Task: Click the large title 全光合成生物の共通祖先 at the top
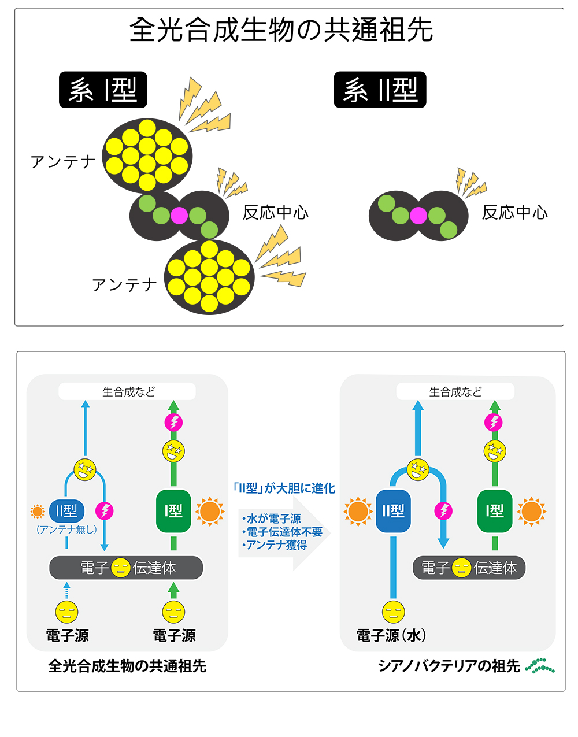click(x=281, y=30)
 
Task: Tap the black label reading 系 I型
click(x=103, y=90)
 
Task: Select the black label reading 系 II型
click(x=380, y=90)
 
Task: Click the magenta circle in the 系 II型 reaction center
click(x=418, y=216)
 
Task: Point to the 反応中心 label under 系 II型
click(x=514, y=213)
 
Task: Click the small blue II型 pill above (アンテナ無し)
click(x=67, y=511)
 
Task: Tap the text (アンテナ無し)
click(x=66, y=529)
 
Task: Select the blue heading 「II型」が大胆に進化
click(x=283, y=488)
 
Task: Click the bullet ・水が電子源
click(x=271, y=519)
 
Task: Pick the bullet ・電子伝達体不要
click(x=281, y=532)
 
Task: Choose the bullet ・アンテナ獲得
click(x=275, y=545)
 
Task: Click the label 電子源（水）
click(x=391, y=636)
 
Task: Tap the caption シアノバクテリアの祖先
click(x=449, y=666)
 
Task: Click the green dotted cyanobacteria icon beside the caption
click(x=540, y=666)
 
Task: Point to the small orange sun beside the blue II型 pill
click(x=38, y=511)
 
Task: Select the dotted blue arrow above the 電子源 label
click(x=67, y=591)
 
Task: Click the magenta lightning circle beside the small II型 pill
click(x=105, y=511)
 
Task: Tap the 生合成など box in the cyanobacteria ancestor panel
click(x=455, y=392)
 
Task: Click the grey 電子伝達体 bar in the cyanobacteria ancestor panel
click(x=469, y=568)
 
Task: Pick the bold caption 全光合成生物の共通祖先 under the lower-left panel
click(x=127, y=666)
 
